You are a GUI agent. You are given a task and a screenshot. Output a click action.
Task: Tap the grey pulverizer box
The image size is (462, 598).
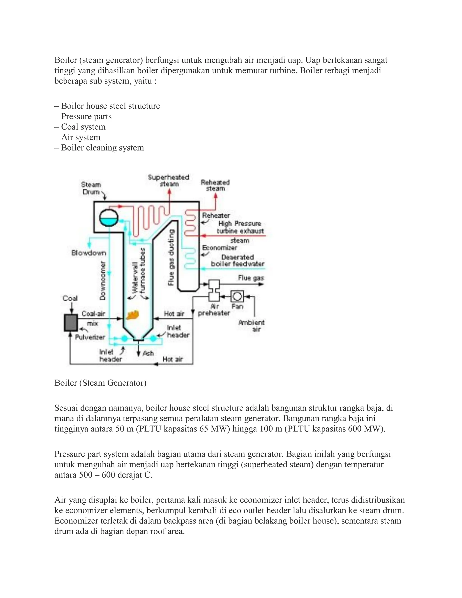(71, 322)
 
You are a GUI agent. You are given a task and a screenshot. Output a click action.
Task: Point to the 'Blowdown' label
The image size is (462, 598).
(88, 253)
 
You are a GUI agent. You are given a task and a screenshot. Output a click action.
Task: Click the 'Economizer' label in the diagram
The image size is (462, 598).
(219, 248)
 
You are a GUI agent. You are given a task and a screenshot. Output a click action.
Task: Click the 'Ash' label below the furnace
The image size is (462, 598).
(148, 353)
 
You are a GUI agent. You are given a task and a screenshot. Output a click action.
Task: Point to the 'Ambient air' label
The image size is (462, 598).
(252, 326)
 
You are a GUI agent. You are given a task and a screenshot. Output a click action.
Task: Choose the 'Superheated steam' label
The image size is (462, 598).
(169, 181)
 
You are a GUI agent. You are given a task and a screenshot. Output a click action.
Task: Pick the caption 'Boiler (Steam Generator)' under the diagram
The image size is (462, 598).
(100, 382)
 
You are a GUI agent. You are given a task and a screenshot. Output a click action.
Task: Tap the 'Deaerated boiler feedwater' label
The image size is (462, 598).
(238, 261)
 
